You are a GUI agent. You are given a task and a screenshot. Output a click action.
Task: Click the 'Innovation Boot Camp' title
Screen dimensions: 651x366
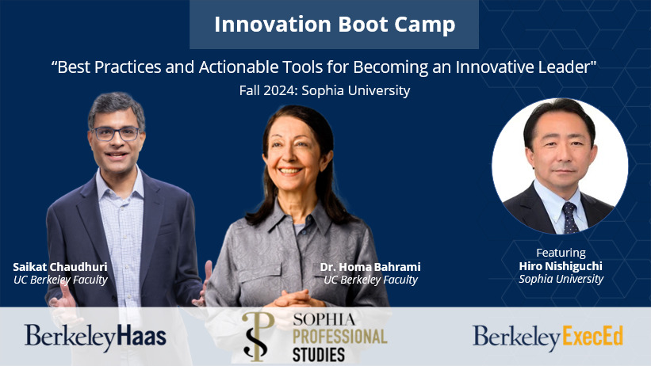tap(335, 24)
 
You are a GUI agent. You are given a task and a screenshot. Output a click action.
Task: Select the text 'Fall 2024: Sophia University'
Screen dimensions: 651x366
tap(324, 90)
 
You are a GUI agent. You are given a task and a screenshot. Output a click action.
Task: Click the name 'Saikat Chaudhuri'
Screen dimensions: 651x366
tap(60, 267)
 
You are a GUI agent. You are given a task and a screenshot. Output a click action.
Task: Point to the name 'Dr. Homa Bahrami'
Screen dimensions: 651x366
tap(370, 267)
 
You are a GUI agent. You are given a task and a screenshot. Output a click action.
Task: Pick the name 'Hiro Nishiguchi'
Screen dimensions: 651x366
tap(561, 266)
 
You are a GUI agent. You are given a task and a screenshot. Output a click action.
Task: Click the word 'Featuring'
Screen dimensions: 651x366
tap(561, 253)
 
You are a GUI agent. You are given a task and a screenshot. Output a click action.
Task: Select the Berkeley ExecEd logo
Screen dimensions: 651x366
tap(548, 337)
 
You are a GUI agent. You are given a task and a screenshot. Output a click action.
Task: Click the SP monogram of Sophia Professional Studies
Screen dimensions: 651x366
tap(258, 336)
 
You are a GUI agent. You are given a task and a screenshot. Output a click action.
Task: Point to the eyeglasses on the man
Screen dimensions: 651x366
tap(116, 134)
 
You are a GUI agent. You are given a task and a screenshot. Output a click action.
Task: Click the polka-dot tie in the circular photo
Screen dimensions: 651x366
tap(570, 218)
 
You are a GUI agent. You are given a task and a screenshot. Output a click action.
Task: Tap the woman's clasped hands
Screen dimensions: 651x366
tap(296, 299)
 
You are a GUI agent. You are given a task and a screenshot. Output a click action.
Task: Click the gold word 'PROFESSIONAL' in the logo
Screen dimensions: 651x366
tap(340, 337)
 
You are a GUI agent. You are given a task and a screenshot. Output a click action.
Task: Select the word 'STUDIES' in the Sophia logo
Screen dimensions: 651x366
tap(319, 355)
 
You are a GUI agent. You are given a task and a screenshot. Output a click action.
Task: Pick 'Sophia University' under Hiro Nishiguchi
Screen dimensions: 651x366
tap(561, 280)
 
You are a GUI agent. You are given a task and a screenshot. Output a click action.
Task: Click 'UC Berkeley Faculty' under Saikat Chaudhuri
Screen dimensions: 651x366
tap(60, 280)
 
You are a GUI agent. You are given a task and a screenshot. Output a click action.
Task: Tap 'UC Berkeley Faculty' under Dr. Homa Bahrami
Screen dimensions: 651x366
tap(371, 280)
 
